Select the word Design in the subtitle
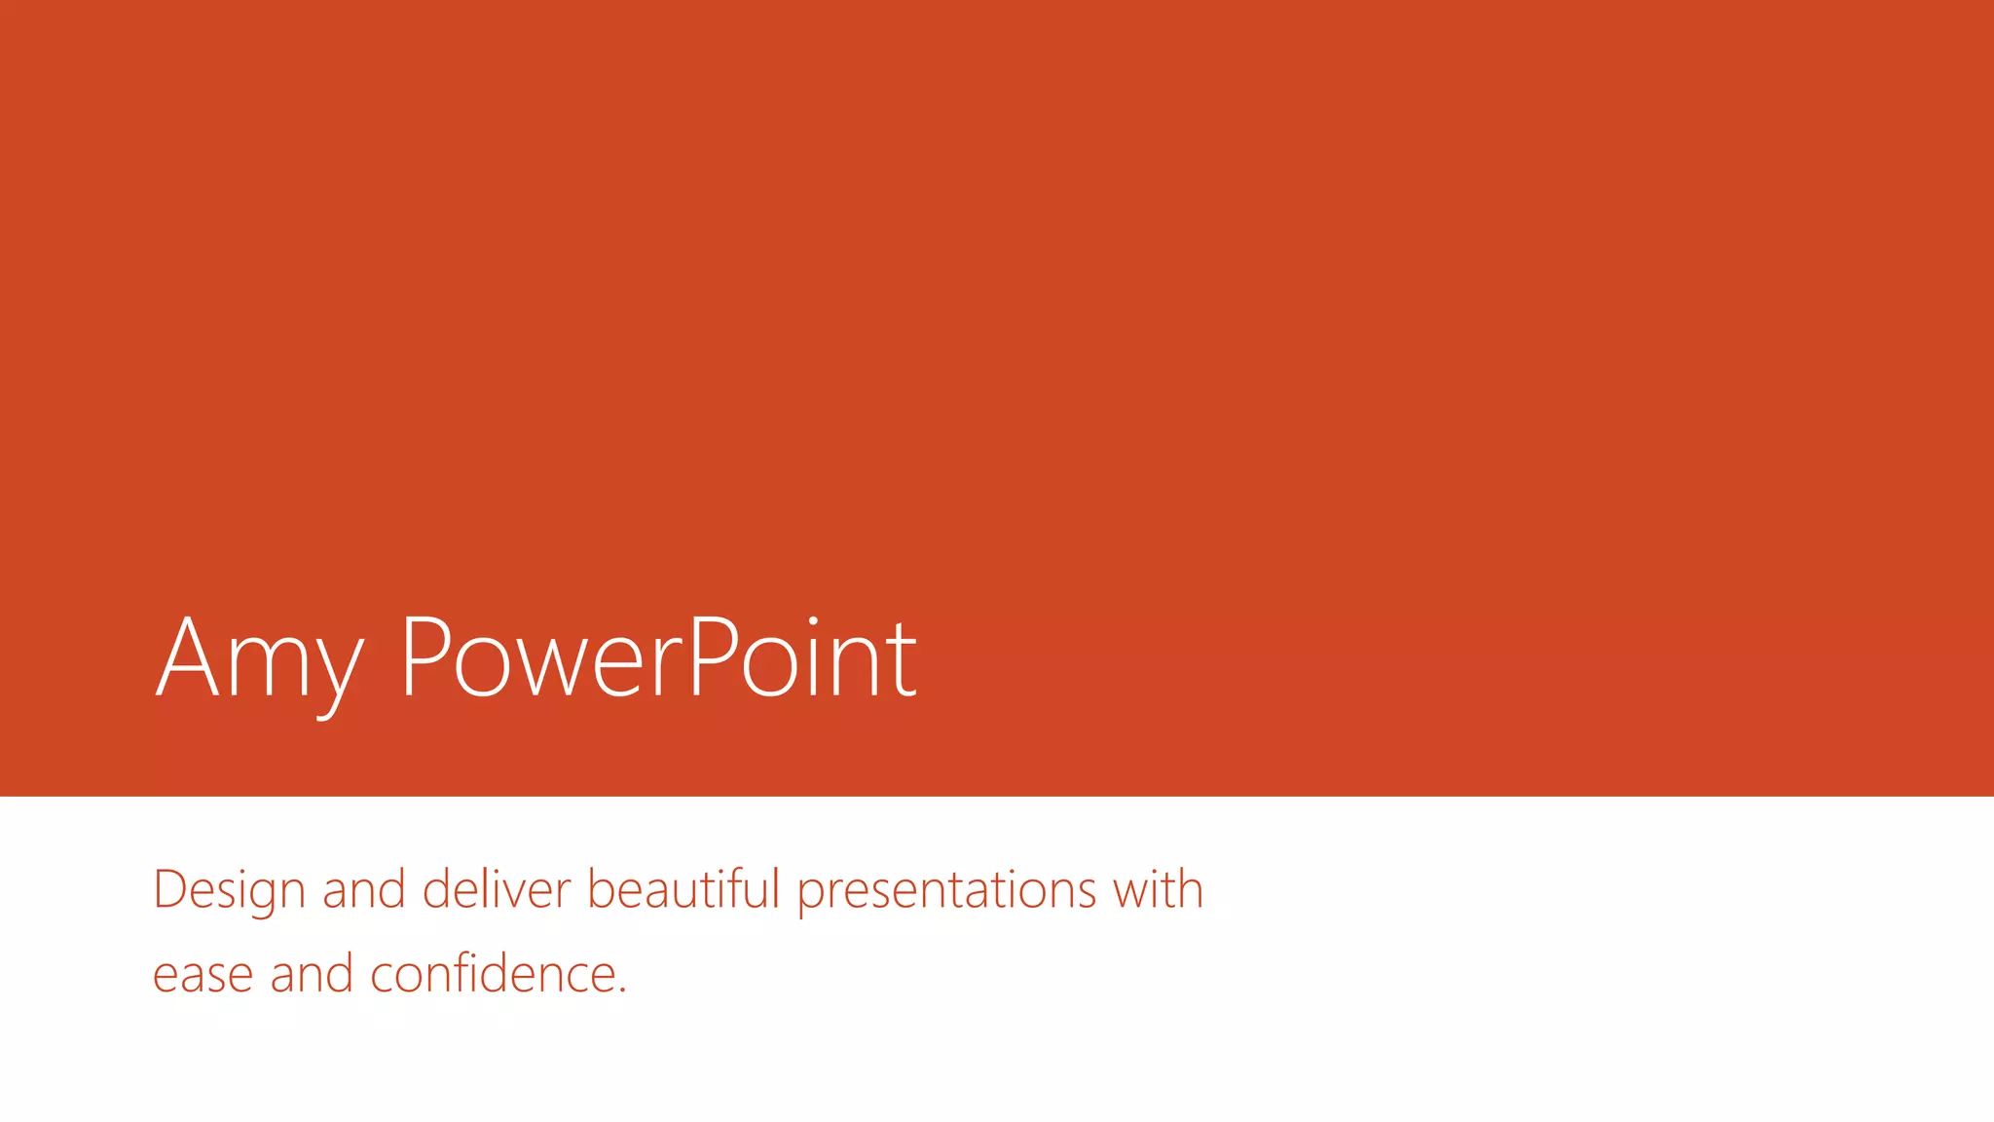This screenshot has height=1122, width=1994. (229, 890)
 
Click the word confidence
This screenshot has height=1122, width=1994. (493, 973)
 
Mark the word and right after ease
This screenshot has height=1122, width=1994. (312, 973)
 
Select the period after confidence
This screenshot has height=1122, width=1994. (622, 991)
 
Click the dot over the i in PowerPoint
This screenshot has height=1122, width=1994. (813, 620)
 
